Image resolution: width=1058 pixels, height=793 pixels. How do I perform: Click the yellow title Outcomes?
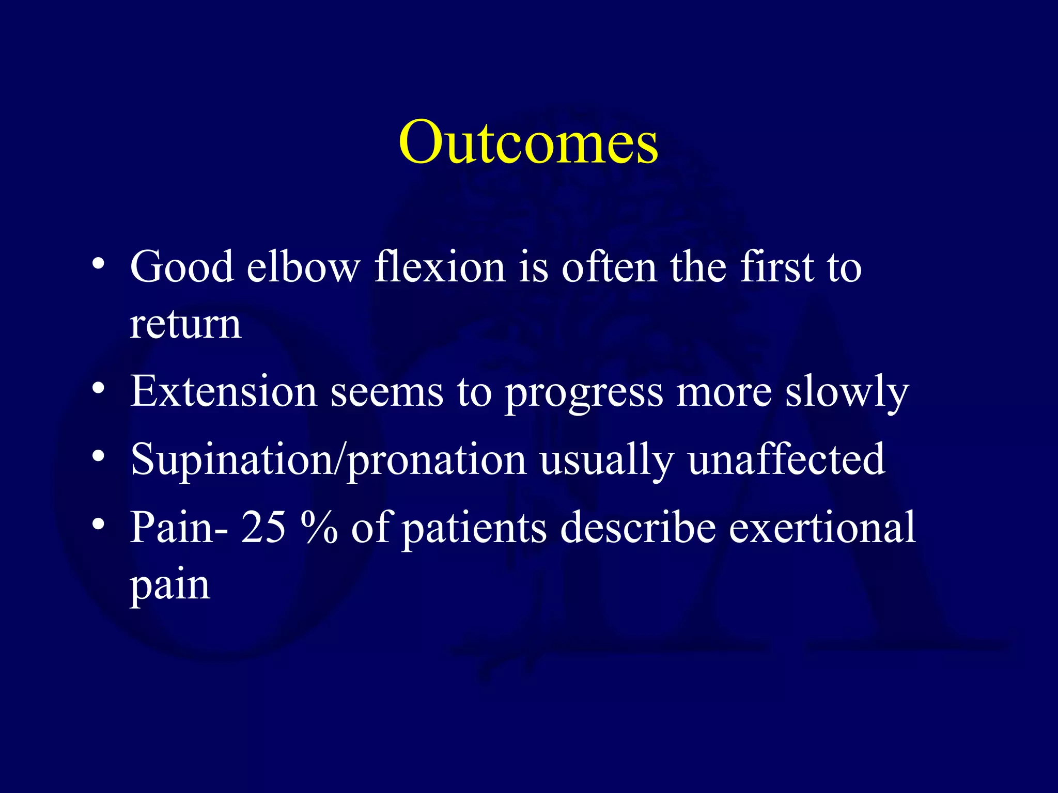528,142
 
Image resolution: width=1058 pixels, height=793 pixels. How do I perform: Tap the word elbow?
303,267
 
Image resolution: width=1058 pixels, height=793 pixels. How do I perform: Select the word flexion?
440,267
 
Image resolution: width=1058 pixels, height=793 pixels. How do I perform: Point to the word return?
185,325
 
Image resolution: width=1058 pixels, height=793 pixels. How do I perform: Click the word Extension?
223,391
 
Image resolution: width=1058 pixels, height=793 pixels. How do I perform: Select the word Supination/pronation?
328,460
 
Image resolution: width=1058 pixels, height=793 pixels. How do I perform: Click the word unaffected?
786,459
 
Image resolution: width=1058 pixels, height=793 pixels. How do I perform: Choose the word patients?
474,528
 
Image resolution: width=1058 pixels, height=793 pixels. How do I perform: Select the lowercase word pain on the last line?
170,586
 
